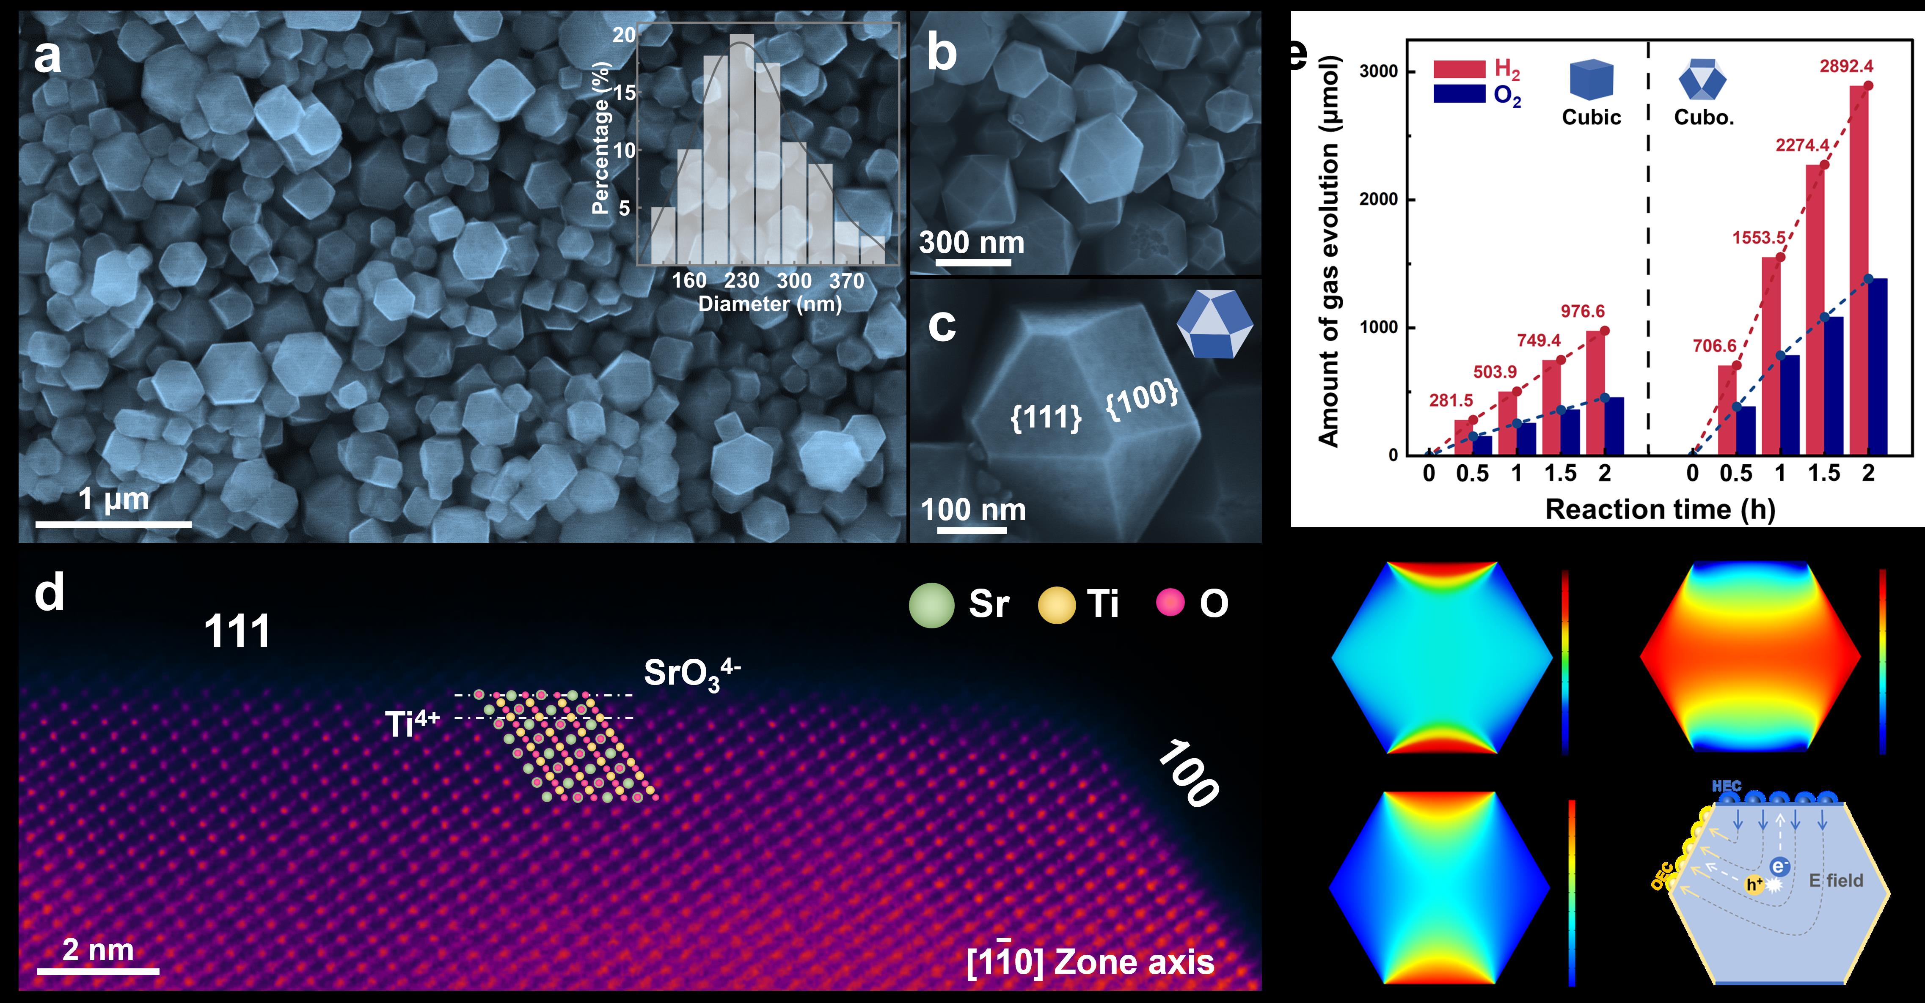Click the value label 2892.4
(x=1846, y=66)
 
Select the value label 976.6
(x=1582, y=312)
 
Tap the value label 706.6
(x=1714, y=346)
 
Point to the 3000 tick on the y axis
(x=1378, y=72)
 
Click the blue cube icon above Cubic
(x=1591, y=80)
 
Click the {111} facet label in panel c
(x=1046, y=417)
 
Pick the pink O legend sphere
(x=1170, y=602)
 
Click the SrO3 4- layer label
(x=691, y=674)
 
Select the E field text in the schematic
(x=1836, y=880)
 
